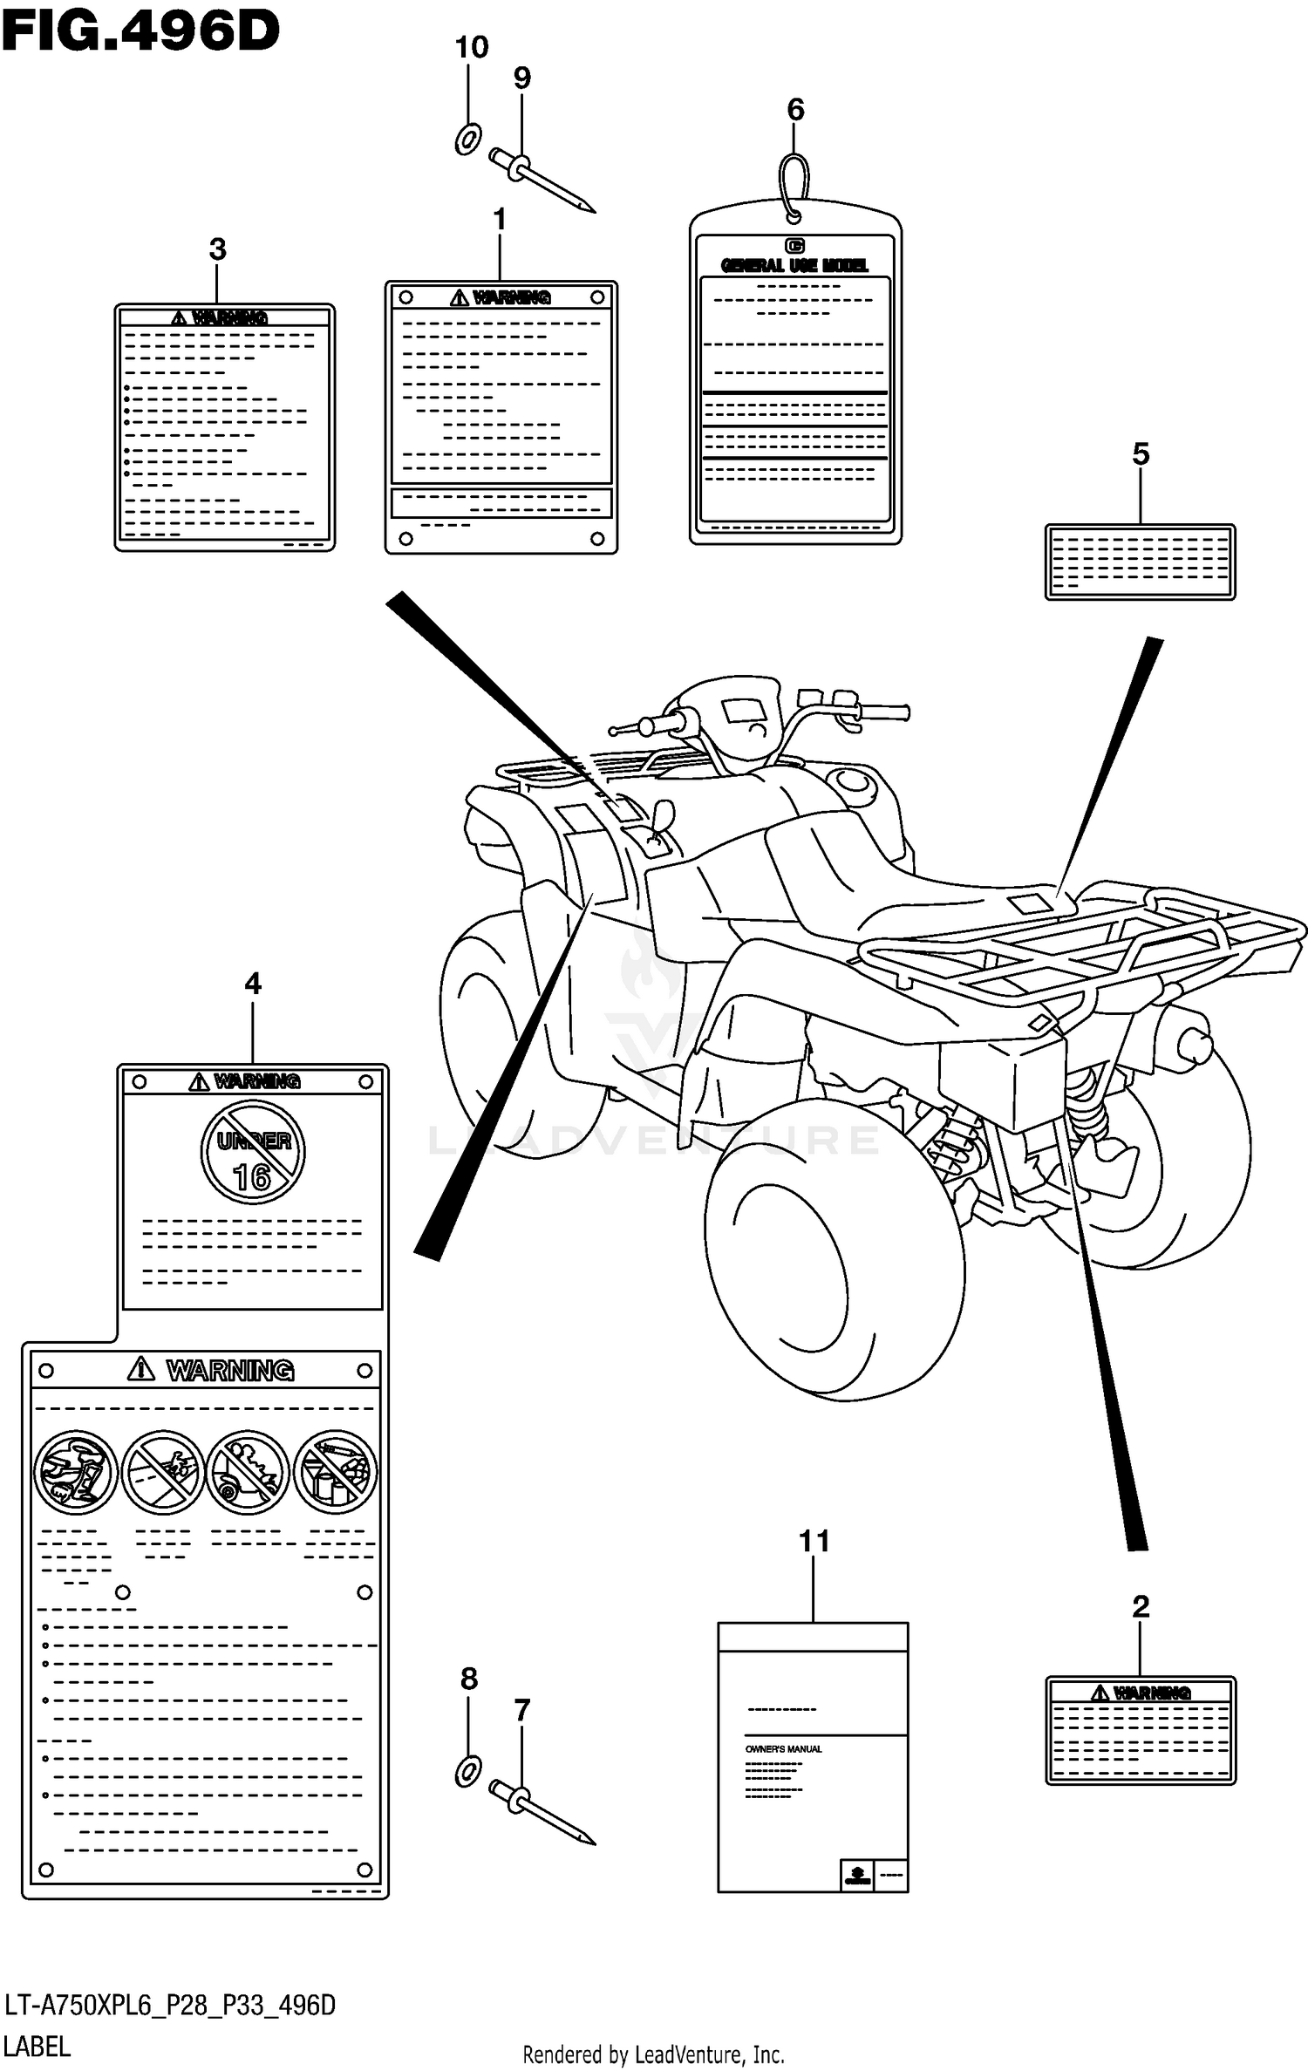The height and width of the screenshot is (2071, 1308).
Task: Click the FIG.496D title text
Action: click(x=140, y=32)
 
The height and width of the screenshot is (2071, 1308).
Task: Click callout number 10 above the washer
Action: click(x=472, y=47)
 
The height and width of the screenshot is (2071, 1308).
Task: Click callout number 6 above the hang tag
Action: click(x=795, y=110)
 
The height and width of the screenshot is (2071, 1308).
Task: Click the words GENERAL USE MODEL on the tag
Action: click(x=794, y=265)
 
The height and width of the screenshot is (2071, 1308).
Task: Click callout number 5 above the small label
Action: click(x=1141, y=453)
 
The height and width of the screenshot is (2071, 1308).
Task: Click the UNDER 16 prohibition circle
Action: click(x=253, y=1152)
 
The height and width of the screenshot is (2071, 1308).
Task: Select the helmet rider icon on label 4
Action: click(x=76, y=1473)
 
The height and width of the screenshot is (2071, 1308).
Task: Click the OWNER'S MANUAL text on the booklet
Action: click(x=783, y=1748)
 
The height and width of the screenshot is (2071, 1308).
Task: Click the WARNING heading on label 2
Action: click(x=1151, y=1693)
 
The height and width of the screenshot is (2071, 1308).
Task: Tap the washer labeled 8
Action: click(x=468, y=1771)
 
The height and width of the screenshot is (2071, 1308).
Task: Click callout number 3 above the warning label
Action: click(x=217, y=249)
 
